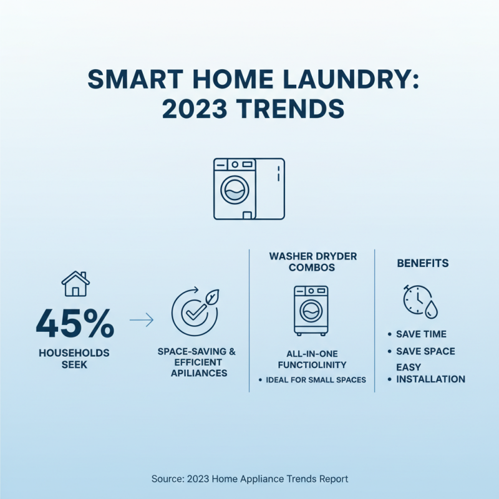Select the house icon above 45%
pyautogui.click(x=75, y=283)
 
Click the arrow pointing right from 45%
pyautogui.click(x=141, y=321)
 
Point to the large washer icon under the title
pyautogui.click(x=249, y=188)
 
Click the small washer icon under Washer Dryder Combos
pyautogui.click(x=311, y=310)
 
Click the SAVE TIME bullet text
pyautogui.click(x=421, y=334)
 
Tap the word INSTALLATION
pyautogui.click(x=430, y=379)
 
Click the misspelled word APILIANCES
pyautogui.click(x=199, y=373)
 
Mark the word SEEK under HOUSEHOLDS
pyautogui.click(x=74, y=364)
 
